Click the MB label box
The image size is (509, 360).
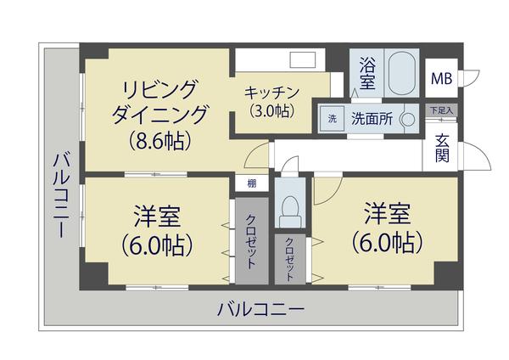442,79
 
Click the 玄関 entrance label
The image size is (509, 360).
443,149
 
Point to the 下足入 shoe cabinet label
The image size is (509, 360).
440,110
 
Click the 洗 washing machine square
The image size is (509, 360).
332,119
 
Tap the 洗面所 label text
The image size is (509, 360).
372,119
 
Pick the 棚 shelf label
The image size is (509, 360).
252,183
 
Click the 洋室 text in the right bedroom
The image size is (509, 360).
388,211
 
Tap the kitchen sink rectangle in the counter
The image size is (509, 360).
301,60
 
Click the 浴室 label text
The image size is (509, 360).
366,72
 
